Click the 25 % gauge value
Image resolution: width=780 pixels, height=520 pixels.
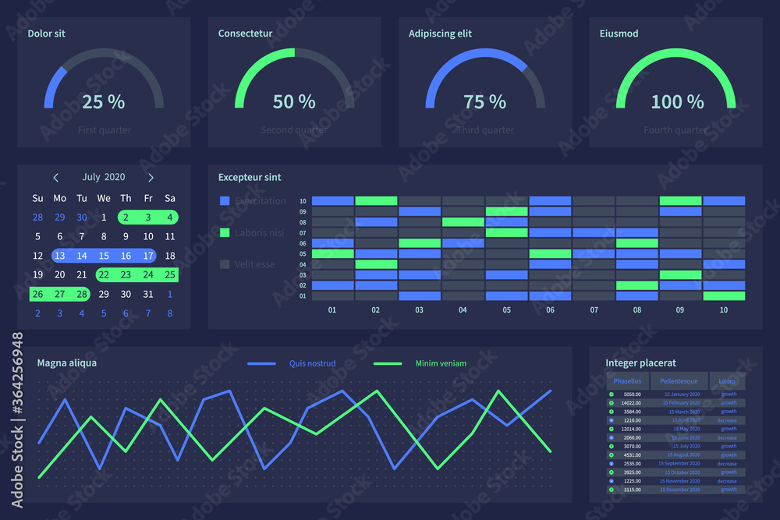pos(103,102)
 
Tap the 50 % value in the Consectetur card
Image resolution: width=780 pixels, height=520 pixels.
pos(294,102)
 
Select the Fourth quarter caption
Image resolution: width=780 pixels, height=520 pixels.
pos(675,130)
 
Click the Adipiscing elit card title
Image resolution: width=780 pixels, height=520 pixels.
pos(440,34)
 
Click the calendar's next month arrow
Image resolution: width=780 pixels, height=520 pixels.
pos(151,177)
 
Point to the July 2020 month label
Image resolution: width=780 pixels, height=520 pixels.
pos(104,177)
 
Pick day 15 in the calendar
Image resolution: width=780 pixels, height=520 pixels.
pos(104,256)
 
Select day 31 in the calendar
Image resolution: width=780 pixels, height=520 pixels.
pos(148,294)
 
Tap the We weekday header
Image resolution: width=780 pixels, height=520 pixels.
pos(104,198)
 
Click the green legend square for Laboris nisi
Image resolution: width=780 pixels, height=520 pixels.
pos(225,232)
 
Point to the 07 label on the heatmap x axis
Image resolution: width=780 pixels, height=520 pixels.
pos(594,310)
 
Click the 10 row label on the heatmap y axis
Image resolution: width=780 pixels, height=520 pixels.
pos(303,201)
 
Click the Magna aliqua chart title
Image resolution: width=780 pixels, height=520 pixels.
pos(67,363)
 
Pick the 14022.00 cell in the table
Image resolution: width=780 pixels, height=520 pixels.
pos(631,403)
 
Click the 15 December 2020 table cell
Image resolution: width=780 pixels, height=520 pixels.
pos(682,490)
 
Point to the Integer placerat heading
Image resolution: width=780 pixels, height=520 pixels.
pos(640,363)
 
